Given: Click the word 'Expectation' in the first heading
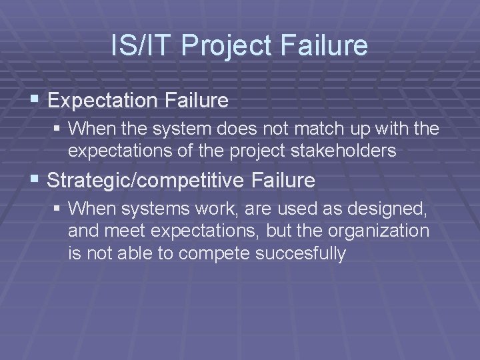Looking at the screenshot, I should coord(95,101).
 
